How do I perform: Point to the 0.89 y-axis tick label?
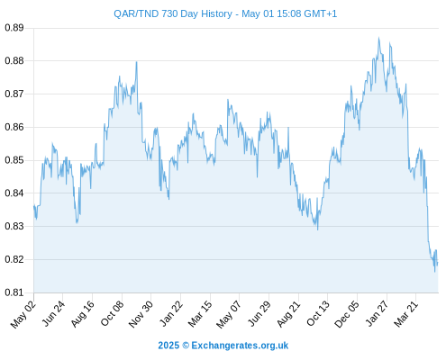point(14,28)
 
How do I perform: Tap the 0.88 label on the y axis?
point(14,61)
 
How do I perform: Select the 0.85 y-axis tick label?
point(14,160)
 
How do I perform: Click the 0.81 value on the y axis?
point(14,292)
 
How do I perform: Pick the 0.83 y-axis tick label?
point(14,226)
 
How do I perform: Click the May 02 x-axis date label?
point(23,314)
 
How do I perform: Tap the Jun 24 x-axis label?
point(53,313)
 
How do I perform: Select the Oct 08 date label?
point(112,313)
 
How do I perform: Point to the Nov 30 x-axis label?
point(141,314)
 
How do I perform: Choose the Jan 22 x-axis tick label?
point(170,313)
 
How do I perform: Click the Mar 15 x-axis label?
point(200,314)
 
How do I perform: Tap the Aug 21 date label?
point(288,314)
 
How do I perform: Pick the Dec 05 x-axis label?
point(347,314)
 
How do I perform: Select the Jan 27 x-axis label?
point(377,313)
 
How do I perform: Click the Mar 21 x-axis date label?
point(405,314)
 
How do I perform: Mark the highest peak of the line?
point(378,38)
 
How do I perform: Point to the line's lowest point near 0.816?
point(434,272)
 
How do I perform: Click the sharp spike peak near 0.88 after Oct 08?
point(137,62)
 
